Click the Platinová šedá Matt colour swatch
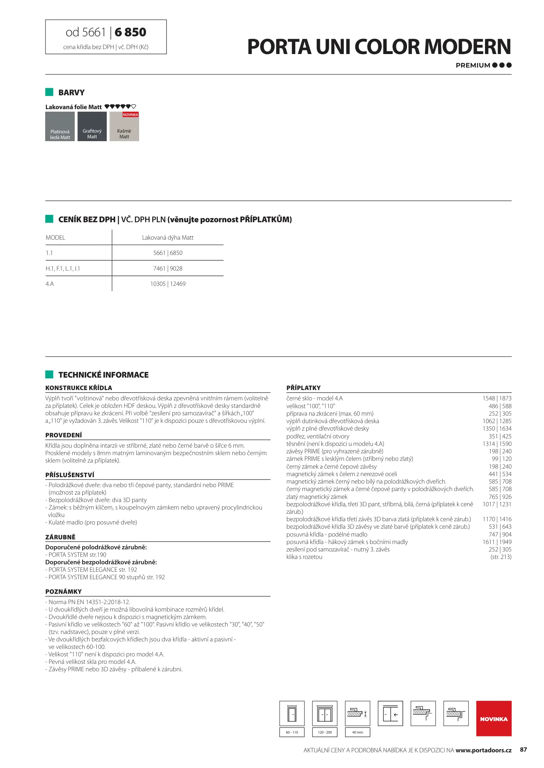(x=60, y=127)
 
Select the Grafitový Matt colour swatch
(x=92, y=127)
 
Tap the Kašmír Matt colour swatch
(x=124, y=127)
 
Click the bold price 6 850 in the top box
(x=130, y=32)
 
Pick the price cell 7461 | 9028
(x=168, y=268)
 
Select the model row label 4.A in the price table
(x=50, y=284)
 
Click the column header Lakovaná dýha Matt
(x=168, y=238)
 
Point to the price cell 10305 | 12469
(x=168, y=284)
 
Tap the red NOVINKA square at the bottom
(x=493, y=719)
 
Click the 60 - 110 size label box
(x=292, y=732)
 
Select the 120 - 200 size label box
(x=324, y=732)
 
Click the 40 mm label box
(x=357, y=732)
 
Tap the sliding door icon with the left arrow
(x=390, y=713)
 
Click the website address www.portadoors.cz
(x=483, y=750)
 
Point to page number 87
(x=523, y=750)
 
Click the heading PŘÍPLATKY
(x=303, y=388)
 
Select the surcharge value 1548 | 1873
(x=497, y=399)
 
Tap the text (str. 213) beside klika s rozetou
(x=501, y=557)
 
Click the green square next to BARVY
(x=49, y=92)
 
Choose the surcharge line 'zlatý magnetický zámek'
(x=317, y=497)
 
